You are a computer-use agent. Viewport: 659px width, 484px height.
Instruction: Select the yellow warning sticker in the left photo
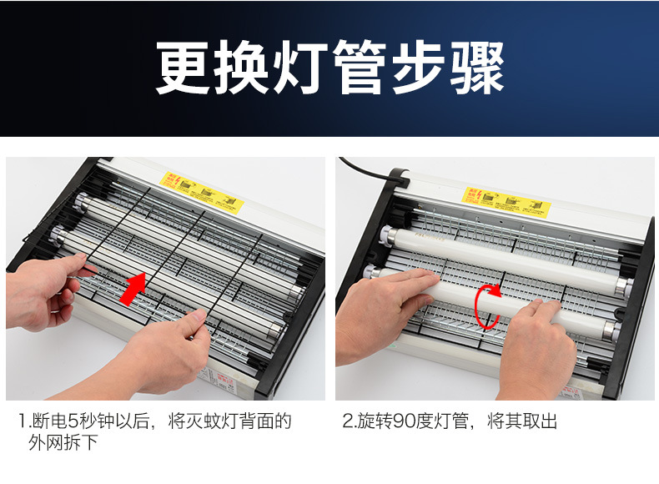[x=203, y=191]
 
